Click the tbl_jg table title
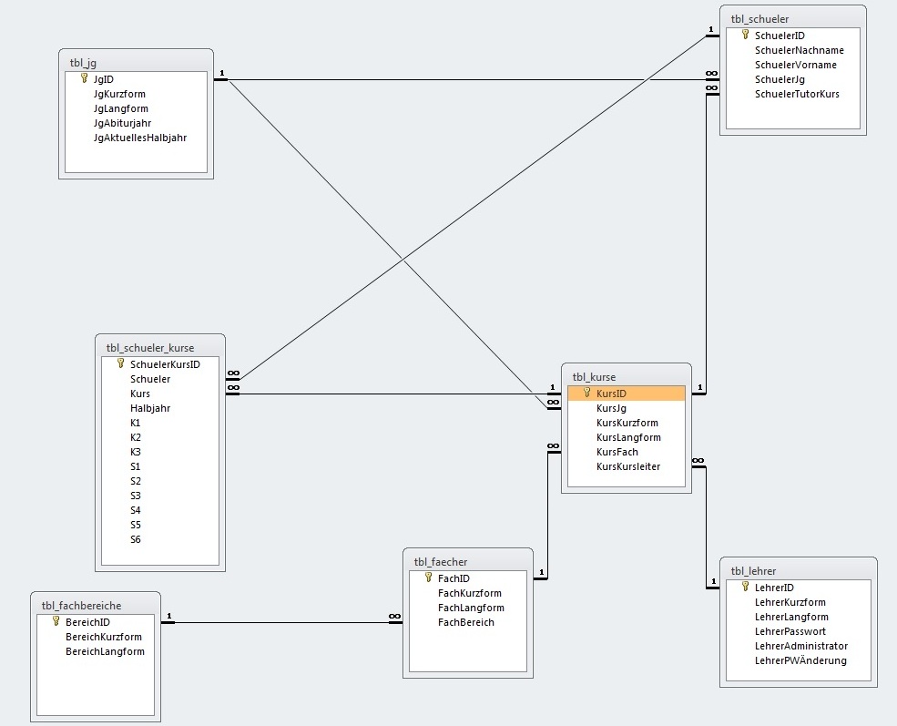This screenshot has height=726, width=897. click(x=83, y=63)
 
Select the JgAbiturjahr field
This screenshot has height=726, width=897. click(x=122, y=123)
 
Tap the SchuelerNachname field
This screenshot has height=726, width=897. click(x=800, y=50)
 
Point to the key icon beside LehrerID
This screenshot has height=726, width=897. click(x=745, y=587)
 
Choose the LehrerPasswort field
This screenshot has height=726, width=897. click(x=790, y=631)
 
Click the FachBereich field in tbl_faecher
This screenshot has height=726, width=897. click(x=465, y=622)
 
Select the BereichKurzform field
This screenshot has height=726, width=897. click(x=104, y=637)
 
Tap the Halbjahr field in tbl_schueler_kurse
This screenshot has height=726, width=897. click(x=150, y=408)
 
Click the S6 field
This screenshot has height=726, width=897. click(x=135, y=539)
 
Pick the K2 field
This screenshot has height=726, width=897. click(x=135, y=437)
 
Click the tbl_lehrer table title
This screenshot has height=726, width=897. click(x=753, y=571)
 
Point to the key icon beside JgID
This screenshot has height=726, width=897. click(x=84, y=78)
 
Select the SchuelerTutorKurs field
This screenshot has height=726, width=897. click(x=797, y=95)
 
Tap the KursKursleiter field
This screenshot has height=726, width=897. click(x=628, y=466)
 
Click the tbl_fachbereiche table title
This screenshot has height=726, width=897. click(x=81, y=606)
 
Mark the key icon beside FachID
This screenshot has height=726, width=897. click(x=429, y=578)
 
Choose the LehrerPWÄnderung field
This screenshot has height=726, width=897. click(x=800, y=660)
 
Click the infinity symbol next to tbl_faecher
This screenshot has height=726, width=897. click(x=394, y=616)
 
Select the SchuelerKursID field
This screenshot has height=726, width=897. click(x=165, y=364)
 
